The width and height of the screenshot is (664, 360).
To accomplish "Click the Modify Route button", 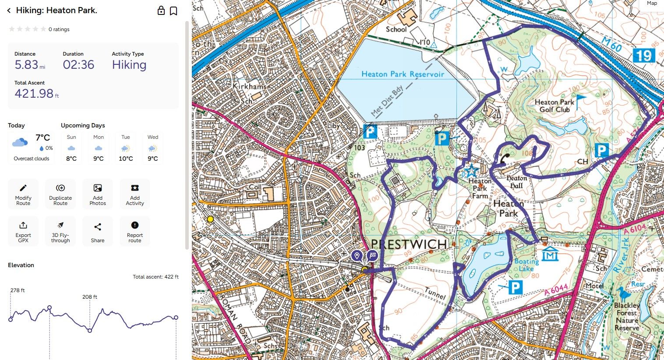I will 23,194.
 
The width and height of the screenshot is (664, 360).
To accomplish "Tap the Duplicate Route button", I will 60,194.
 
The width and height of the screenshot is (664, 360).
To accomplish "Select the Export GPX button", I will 23,231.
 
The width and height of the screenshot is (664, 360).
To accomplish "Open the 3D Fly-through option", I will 60,231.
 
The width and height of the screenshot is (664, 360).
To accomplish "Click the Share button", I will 98,231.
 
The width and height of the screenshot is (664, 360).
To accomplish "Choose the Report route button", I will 135,231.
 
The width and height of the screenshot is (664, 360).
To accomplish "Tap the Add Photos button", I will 98,194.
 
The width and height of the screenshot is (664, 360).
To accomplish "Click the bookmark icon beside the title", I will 173,11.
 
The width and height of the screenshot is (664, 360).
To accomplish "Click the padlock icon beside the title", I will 161,11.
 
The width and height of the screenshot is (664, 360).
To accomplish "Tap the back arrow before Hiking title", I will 9,11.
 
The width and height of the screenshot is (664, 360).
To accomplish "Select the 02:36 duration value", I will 78,65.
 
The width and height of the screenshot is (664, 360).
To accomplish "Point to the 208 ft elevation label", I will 90,297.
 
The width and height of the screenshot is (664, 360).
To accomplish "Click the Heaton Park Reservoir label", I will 403,74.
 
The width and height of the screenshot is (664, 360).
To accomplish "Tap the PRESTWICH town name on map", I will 409,244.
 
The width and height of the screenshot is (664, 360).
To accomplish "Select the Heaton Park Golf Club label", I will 554,106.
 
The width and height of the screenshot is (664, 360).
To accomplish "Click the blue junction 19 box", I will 644,56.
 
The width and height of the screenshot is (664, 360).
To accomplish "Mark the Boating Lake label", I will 526,265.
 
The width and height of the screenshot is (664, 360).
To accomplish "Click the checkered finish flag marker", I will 372,255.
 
